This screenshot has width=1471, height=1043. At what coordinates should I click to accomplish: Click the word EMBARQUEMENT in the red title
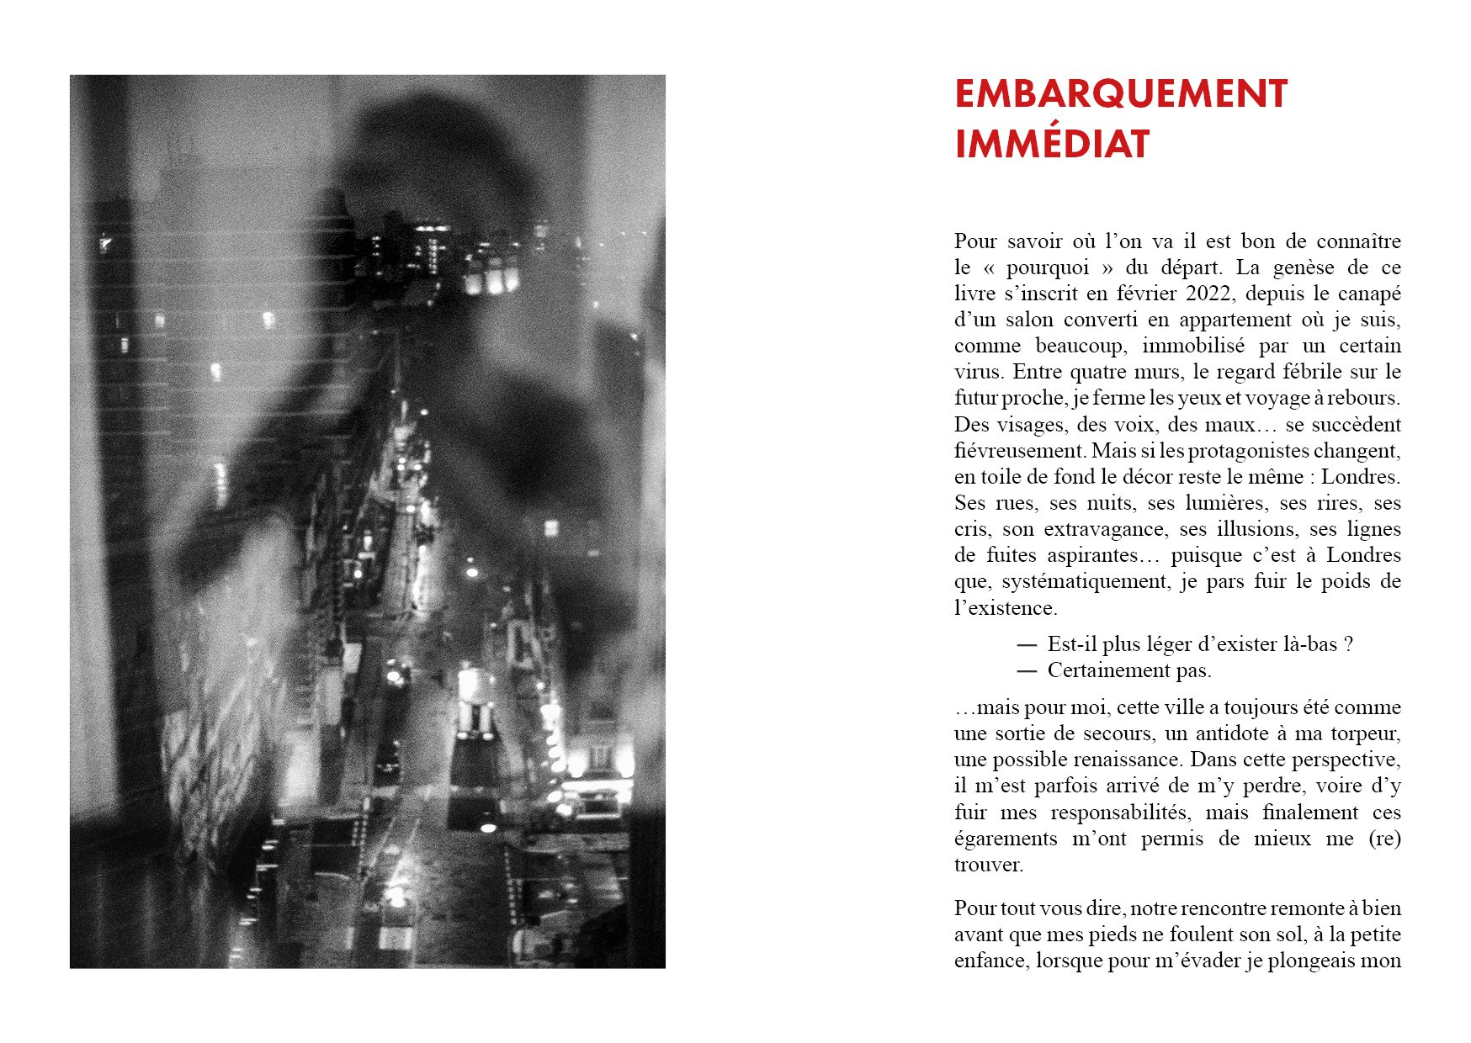[1120, 93]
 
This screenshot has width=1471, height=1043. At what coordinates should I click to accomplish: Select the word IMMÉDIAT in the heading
[1052, 145]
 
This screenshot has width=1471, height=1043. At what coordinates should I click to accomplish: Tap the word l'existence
[1005, 608]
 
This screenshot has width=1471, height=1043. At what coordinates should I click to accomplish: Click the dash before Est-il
[1026, 644]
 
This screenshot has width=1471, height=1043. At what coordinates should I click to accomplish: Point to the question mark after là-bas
[1348, 644]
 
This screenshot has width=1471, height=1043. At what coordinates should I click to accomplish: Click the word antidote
[1229, 733]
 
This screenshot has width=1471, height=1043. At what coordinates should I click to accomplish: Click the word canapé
[1370, 294]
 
